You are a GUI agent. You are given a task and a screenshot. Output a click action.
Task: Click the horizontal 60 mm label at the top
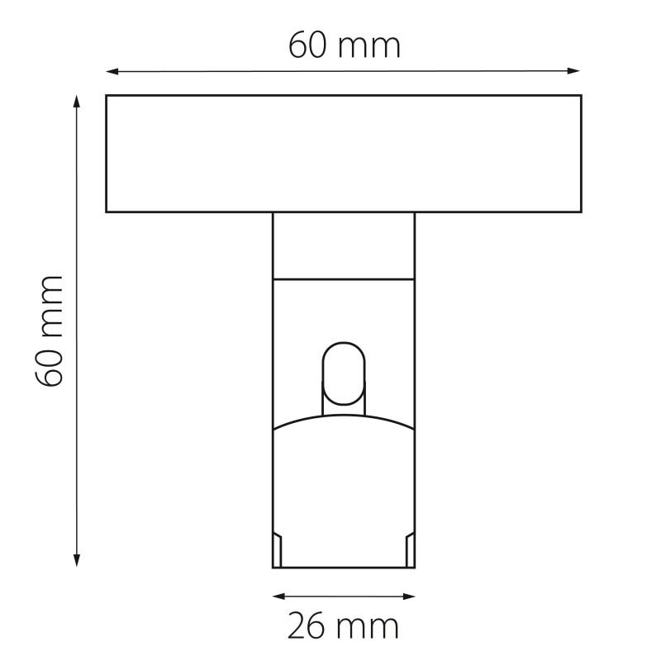(x=345, y=46)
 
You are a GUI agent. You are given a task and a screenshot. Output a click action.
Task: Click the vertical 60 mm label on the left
(x=49, y=331)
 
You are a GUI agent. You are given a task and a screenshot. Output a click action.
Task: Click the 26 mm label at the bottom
(x=343, y=627)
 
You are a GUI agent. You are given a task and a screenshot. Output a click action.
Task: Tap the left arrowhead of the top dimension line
(x=112, y=72)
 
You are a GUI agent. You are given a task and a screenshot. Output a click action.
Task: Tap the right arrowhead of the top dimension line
(x=574, y=71)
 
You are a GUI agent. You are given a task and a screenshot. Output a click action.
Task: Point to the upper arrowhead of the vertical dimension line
(x=76, y=102)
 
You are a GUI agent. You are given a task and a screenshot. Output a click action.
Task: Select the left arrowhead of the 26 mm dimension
(x=279, y=596)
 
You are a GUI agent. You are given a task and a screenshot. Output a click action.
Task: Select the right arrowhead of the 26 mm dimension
(x=409, y=596)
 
